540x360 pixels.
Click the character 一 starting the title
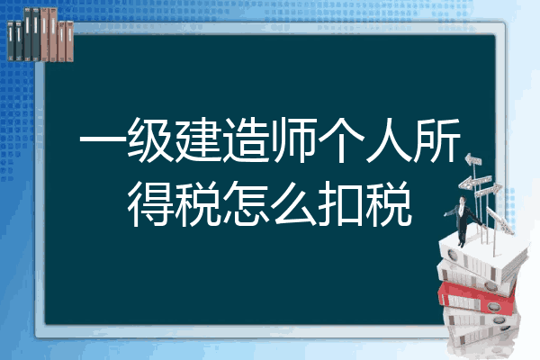click(x=103, y=140)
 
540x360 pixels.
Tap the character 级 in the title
click(x=150, y=140)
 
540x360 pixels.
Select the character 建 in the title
click(x=198, y=140)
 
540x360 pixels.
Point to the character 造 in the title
click(x=246, y=140)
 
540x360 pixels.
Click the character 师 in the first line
click(x=293, y=140)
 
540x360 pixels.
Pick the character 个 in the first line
click(x=341, y=140)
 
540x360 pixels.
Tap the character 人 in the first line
click(x=389, y=140)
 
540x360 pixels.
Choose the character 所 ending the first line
click(x=437, y=140)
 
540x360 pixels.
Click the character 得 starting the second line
click(x=150, y=203)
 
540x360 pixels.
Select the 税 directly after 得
click(x=198, y=203)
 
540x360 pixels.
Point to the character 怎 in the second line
click(x=246, y=203)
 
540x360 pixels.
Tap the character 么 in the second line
click(x=293, y=203)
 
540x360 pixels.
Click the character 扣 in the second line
click(x=341, y=203)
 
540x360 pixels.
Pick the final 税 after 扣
click(x=389, y=203)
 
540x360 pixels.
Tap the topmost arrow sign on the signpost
click(x=473, y=159)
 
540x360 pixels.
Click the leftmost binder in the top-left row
click(x=11, y=40)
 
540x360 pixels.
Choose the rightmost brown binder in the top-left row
click(x=69, y=41)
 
